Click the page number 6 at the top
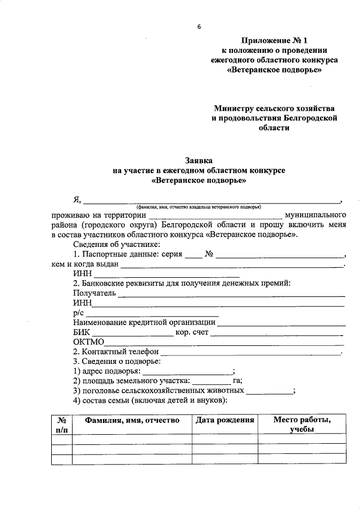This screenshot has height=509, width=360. [199, 27]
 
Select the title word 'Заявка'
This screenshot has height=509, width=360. [199, 160]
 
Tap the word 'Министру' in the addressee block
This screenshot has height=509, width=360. [236, 107]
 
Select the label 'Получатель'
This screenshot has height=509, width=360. [94, 292]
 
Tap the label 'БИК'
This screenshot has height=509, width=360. [82, 332]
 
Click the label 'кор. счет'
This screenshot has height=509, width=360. [192, 332]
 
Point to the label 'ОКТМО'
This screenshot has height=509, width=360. [89, 342]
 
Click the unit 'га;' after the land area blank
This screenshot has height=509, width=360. [236, 381]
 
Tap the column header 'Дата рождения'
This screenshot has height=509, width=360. [224, 420]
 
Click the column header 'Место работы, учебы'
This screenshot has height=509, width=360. [301, 425]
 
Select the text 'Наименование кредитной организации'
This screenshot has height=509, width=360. [145, 323]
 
